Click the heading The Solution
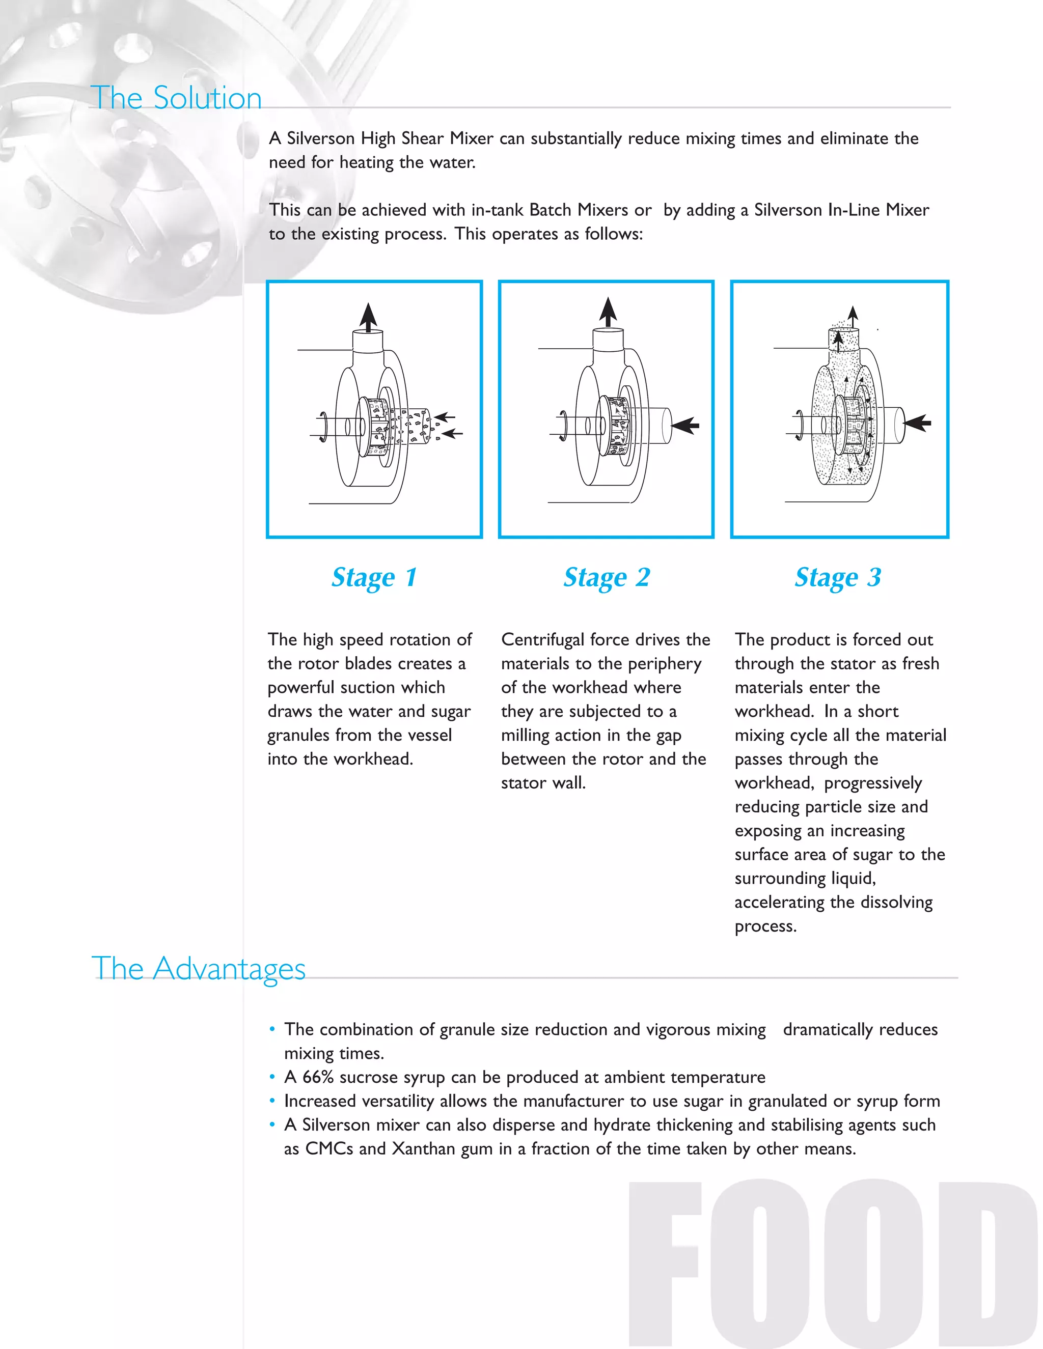176,98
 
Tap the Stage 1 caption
374,578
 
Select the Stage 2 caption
606,578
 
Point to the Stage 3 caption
838,578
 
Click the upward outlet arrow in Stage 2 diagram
608,312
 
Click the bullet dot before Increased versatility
272,1101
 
